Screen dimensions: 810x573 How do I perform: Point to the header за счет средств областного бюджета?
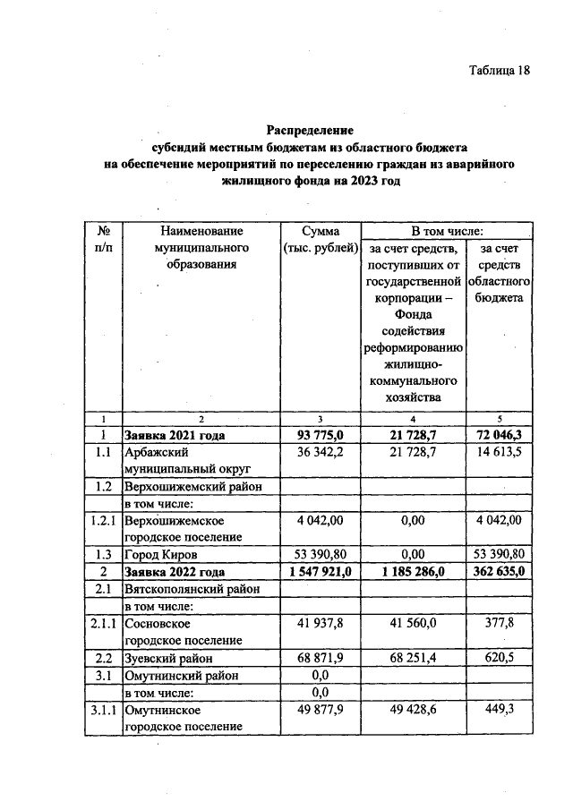pos(500,272)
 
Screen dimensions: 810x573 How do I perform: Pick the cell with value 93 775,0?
pos(321,435)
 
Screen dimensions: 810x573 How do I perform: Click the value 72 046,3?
pos(500,435)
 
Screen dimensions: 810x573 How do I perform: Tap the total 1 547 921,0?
pos(321,571)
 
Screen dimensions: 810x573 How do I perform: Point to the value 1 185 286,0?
pos(412,571)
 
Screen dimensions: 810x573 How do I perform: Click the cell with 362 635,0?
pos(500,571)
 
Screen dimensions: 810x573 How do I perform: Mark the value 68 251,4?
pos(412,658)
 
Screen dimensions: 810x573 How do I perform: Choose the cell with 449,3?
pos(500,710)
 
